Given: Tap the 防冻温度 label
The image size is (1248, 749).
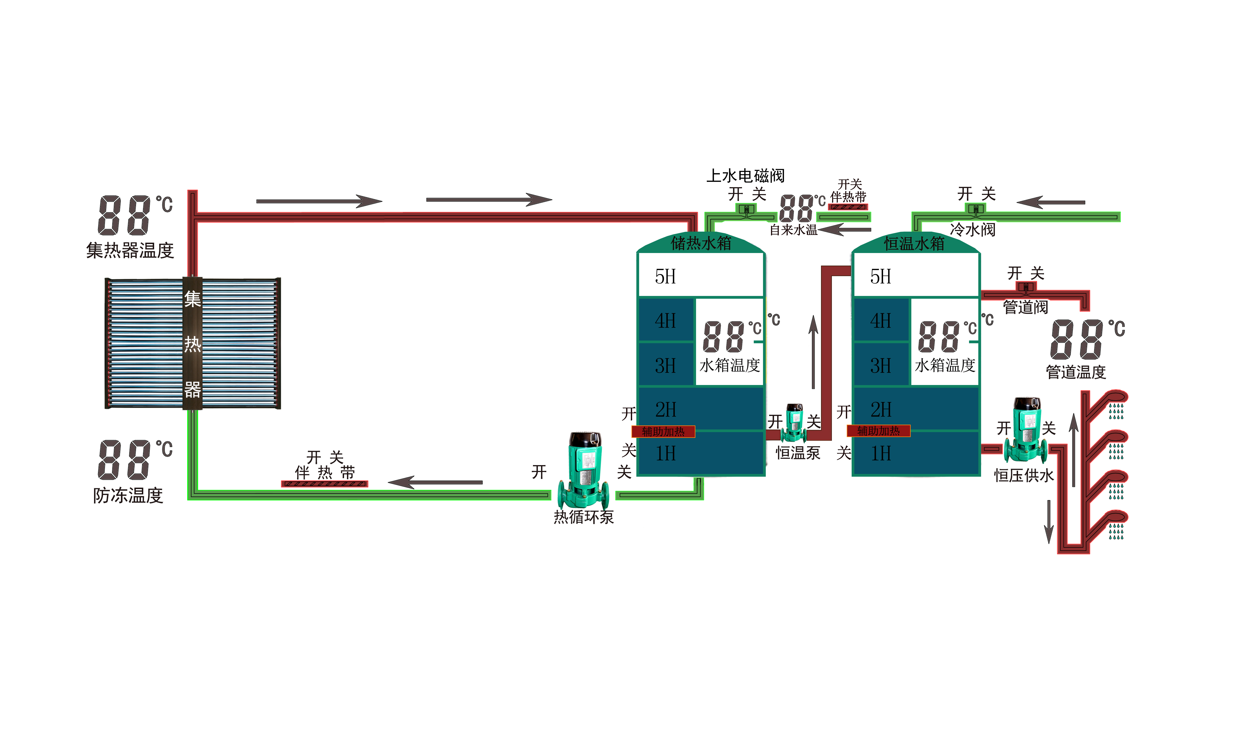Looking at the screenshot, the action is pyautogui.click(x=128, y=495).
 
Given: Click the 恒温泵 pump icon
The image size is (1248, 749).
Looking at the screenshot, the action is pyautogui.click(x=794, y=423).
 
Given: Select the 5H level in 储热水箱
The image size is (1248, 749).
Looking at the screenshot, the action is pyautogui.click(x=665, y=277).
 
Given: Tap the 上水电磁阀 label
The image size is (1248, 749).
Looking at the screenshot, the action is pyautogui.click(x=746, y=176).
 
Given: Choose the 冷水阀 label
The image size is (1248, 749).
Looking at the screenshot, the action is pyautogui.click(x=973, y=230).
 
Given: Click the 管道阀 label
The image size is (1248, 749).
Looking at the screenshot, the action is pyautogui.click(x=1026, y=307).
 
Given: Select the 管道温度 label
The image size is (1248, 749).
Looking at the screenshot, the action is pyautogui.click(x=1076, y=372).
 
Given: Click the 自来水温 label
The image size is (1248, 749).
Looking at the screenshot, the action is pyautogui.click(x=794, y=230).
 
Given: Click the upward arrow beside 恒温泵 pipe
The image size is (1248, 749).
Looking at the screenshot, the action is pyautogui.click(x=813, y=352).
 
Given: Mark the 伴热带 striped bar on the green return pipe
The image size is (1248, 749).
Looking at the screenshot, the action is pyautogui.click(x=324, y=484).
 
